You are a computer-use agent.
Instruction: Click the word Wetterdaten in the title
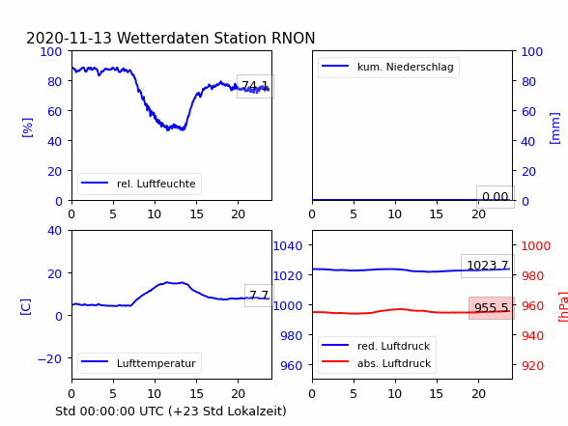point(163,38)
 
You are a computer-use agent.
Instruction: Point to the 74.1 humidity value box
point(255,86)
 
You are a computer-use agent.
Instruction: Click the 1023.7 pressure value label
point(488,266)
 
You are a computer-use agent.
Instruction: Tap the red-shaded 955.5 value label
point(492,308)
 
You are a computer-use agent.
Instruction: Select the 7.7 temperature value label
point(259,296)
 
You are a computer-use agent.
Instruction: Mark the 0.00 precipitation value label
point(496,197)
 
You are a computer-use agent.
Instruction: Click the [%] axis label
point(27,128)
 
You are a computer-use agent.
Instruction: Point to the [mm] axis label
point(554,128)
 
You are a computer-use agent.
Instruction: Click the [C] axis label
point(26,307)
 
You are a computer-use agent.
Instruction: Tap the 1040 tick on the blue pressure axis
point(288,246)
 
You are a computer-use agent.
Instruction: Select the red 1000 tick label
point(536,246)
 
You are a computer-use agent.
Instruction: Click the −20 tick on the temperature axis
point(49,359)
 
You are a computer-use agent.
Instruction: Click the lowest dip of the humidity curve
point(168,129)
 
